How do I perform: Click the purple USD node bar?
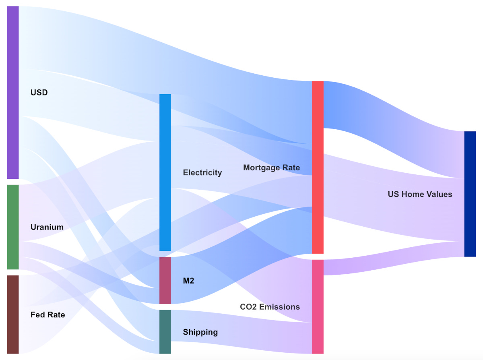pos(13,93)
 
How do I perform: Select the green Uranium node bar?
pos(13,227)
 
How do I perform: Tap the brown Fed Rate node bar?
pos(13,314)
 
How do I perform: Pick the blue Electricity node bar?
pos(165,172)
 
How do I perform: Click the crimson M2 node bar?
pos(165,280)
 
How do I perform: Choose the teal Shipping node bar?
pos(165,332)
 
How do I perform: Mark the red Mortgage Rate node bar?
pos(318,167)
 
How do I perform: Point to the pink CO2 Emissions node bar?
pos(318,306)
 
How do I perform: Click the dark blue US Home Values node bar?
pos(470,194)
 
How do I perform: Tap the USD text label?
pos(39,93)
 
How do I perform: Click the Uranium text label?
pos(47,227)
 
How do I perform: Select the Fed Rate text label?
pos(47,314)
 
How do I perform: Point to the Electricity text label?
pos(202,173)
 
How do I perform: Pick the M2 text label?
pos(188,281)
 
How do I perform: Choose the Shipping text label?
pos(200,332)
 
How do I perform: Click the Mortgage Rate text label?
pos(271,168)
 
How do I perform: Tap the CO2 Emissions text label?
pos(270,307)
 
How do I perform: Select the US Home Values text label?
pos(420,194)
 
